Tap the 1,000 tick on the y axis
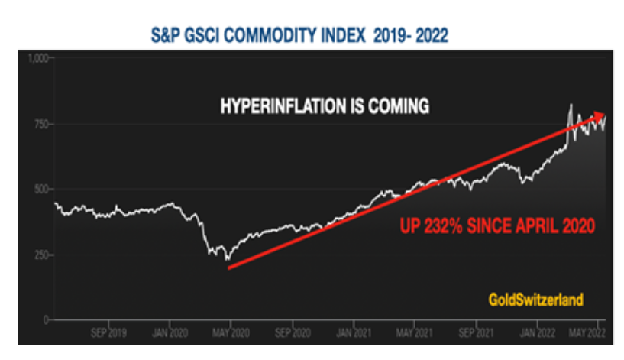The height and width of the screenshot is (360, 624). tap(37, 58)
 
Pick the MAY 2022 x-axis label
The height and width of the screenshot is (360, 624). tap(590, 333)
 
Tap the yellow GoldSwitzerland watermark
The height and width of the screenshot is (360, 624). tap(536, 300)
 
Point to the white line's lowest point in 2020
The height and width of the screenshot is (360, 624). tap(227, 261)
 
